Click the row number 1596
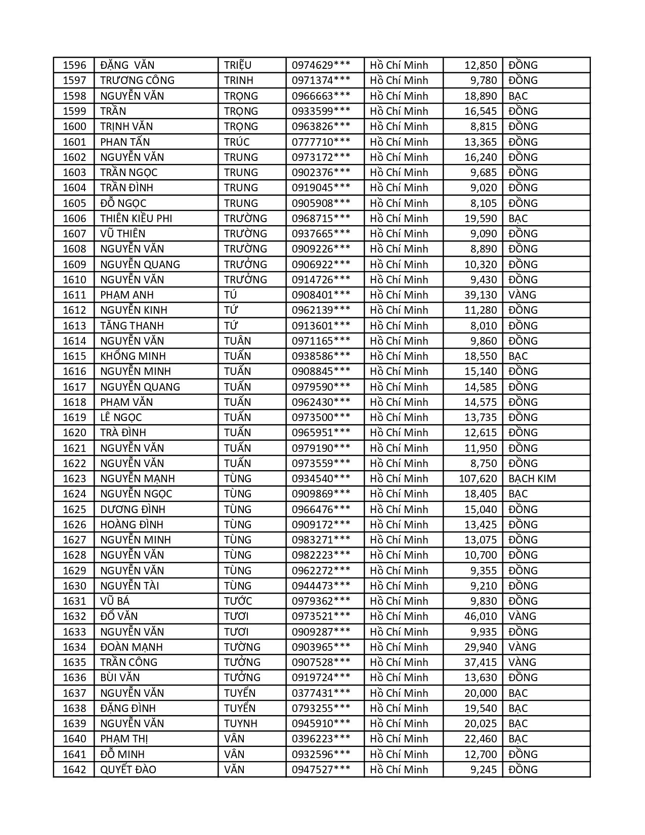74,65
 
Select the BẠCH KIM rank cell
532,479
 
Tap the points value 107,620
478,479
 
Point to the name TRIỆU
238,65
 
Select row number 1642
74,770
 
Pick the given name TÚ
231,295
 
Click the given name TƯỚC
238,601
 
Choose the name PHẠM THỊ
124,739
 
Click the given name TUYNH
241,724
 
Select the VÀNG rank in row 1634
522,647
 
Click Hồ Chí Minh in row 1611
399,295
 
